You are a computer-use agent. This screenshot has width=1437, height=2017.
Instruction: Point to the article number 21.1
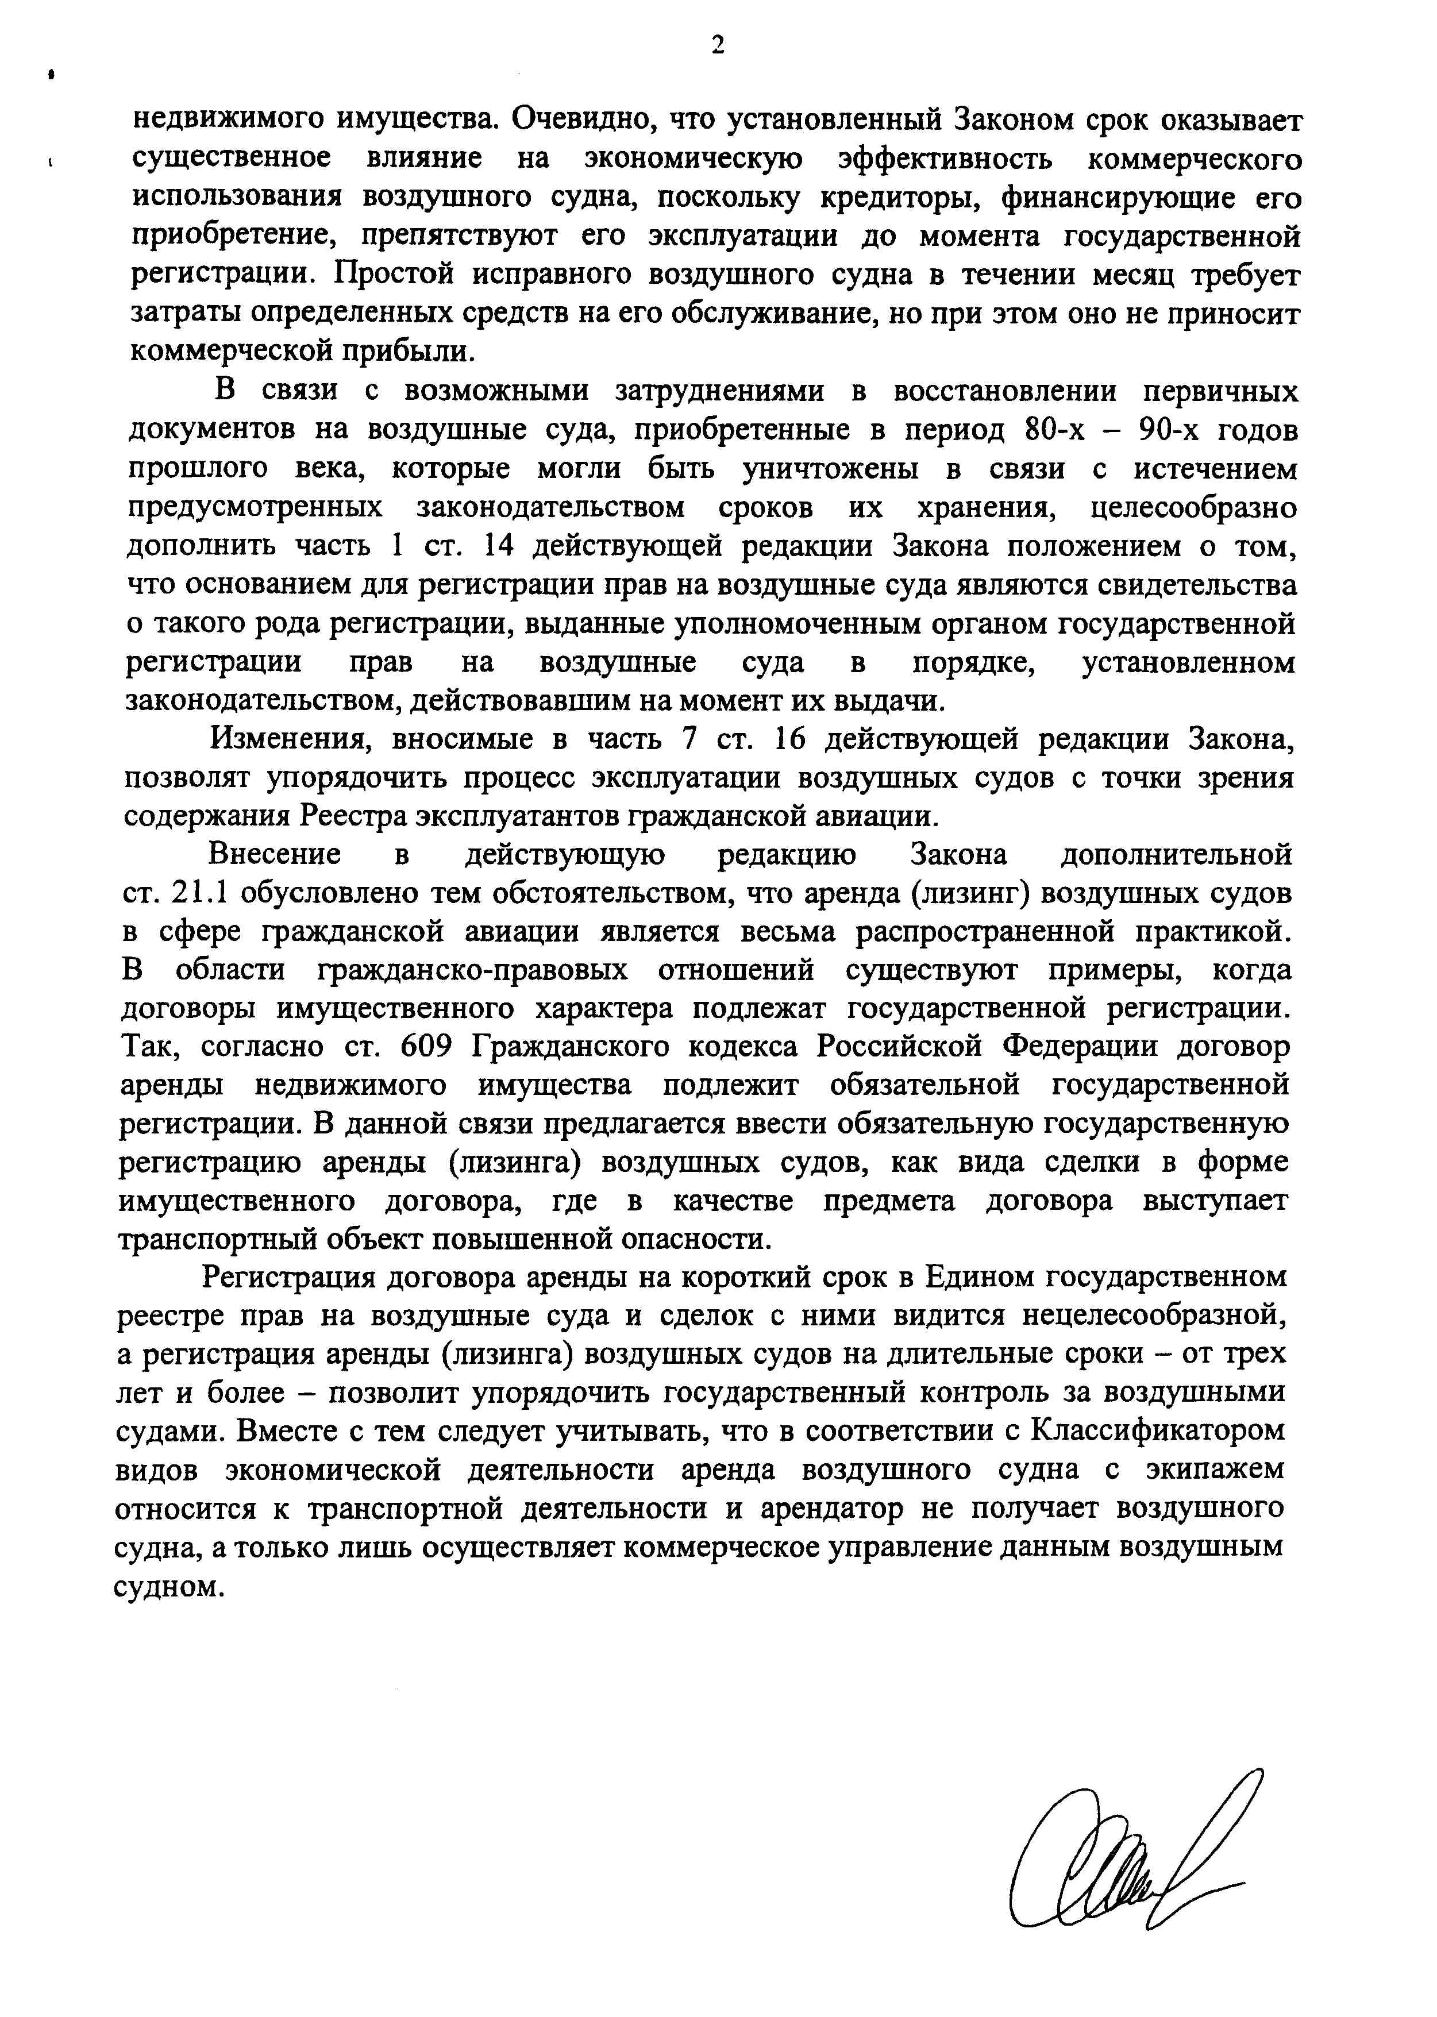[193, 893]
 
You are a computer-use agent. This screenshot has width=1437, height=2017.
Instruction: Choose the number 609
[428, 1047]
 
